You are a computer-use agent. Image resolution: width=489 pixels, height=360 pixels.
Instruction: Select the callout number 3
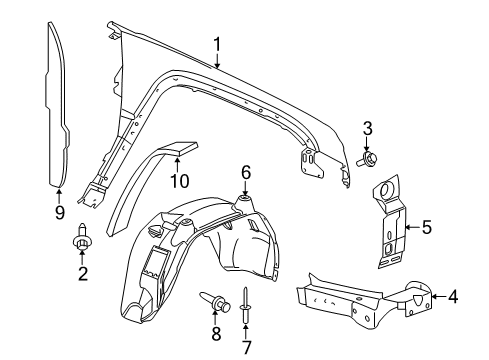pos(367,127)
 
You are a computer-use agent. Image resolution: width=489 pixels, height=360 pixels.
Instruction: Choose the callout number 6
pos(243,172)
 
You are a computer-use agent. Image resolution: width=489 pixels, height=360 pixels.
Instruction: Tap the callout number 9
pos(58,213)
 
